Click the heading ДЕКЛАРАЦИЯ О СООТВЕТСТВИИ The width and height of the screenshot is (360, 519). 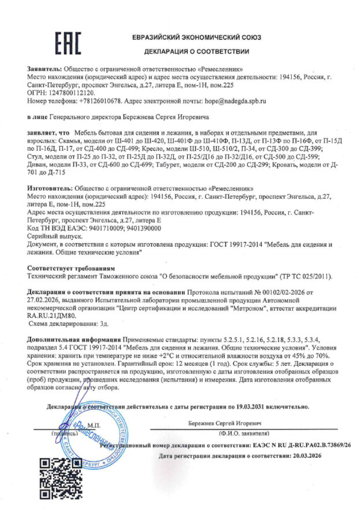[x=196, y=51]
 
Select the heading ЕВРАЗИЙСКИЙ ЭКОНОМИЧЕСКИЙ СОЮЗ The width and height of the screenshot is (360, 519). [x=196, y=38]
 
